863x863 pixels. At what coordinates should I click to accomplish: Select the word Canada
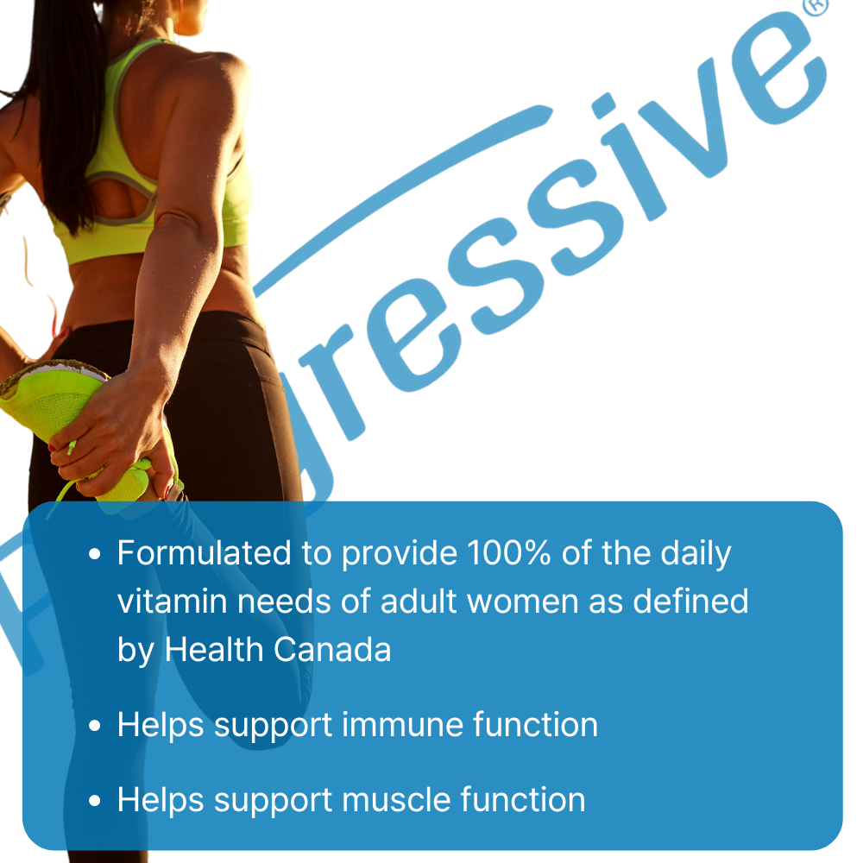pyautogui.click(x=332, y=650)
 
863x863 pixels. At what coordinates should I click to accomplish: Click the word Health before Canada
pyautogui.click(x=214, y=650)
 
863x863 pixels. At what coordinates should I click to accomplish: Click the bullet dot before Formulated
pyautogui.click(x=95, y=554)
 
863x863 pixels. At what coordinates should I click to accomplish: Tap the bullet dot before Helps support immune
pyautogui.click(x=95, y=726)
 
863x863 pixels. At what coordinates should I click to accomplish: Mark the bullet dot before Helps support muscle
pyautogui.click(x=95, y=801)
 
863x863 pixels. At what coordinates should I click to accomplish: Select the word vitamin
pyautogui.click(x=173, y=601)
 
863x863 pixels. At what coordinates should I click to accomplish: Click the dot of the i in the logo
pyautogui.click(x=604, y=105)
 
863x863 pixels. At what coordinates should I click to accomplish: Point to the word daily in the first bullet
pyautogui.click(x=696, y=554)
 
